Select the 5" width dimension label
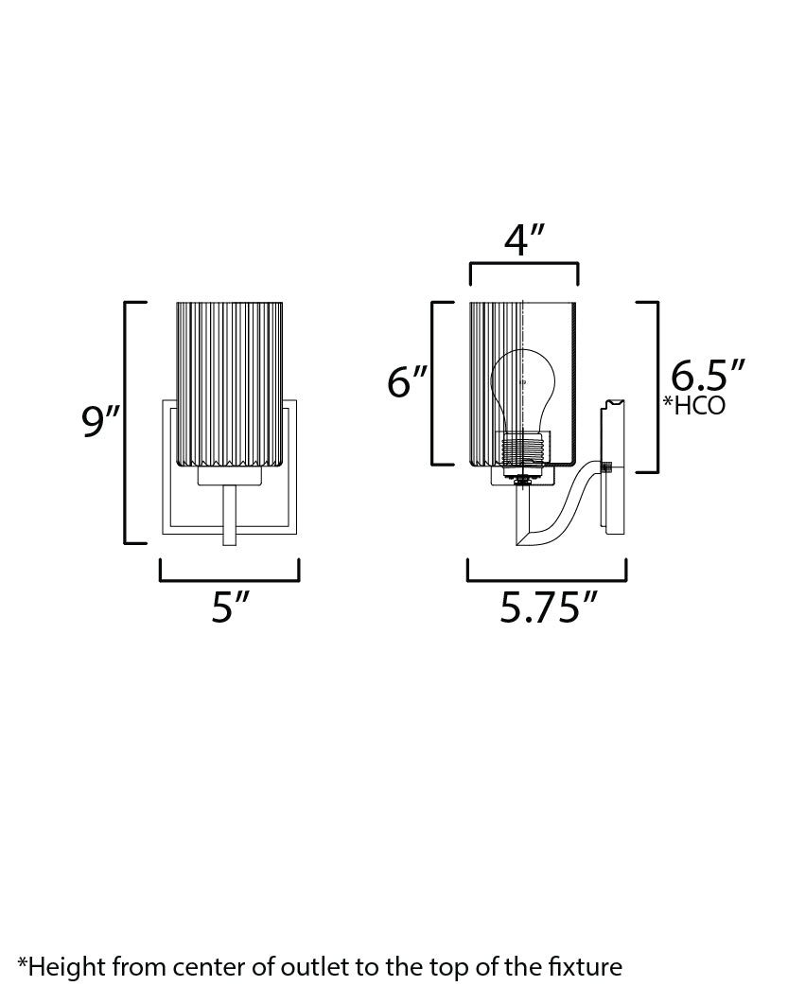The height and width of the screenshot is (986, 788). point(228,607)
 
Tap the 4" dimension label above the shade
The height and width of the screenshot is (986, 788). point(525,241)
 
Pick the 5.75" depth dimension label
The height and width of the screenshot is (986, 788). point(548,608)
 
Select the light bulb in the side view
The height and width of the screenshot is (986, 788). point(522,393)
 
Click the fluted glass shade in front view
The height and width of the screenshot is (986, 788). point(230,383)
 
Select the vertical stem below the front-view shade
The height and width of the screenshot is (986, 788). point(228,516)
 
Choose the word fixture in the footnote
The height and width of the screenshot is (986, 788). point(586,966)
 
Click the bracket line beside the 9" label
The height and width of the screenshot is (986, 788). point(127,422)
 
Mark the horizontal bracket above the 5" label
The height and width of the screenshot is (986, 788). point(229,579)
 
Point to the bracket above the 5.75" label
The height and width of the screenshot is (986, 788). point(547,579)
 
